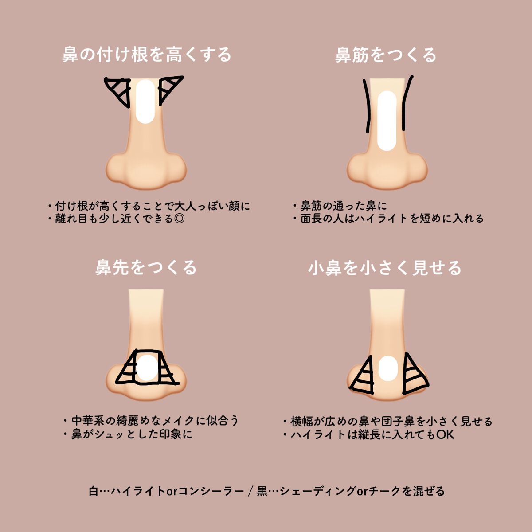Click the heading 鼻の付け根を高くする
[147, 55]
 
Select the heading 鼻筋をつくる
[386, 55]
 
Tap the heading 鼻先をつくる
[146, 268]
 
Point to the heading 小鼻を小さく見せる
[385, 268]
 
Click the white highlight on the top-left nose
[145, 102]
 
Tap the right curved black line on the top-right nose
[406, 103]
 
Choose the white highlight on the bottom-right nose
[388, 369]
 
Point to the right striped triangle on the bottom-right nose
[413, 376]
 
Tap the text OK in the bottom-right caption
[445, 434]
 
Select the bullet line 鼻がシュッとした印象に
[132, 434]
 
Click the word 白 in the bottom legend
[93, 491]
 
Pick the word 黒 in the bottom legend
[262, 491]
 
